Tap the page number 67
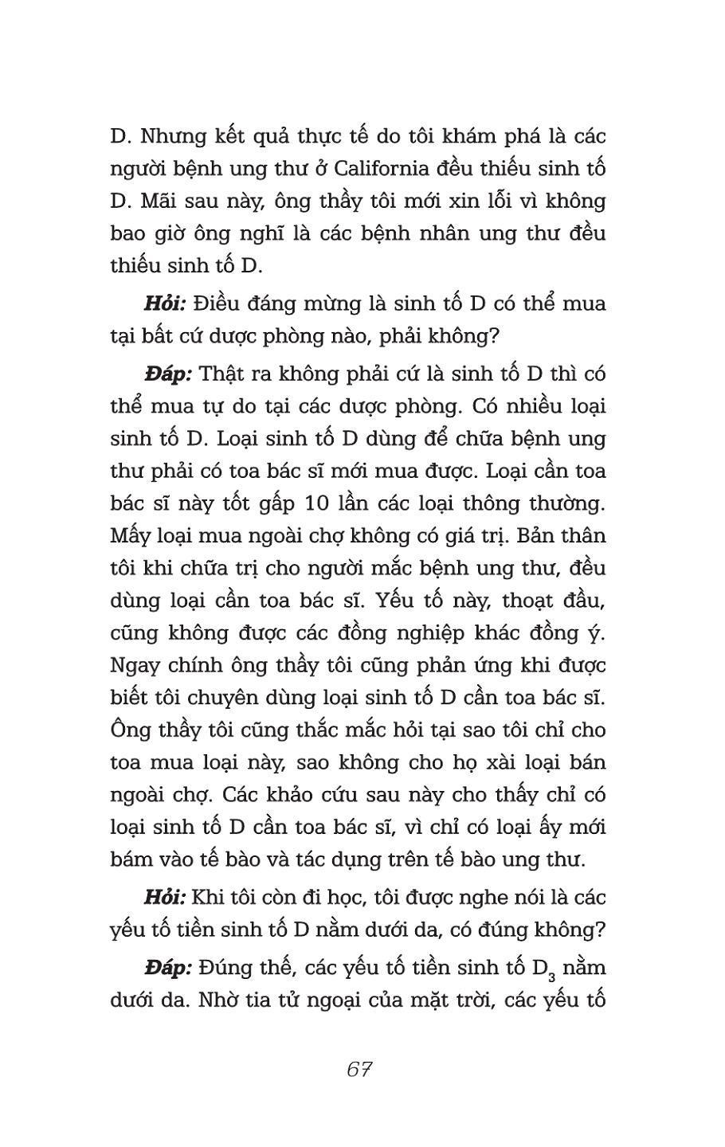[360, 1069]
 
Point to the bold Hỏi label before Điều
[165, 303]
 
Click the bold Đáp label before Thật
[168, 374]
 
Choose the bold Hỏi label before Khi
[165, 897]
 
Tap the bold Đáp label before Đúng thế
[168, 967]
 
